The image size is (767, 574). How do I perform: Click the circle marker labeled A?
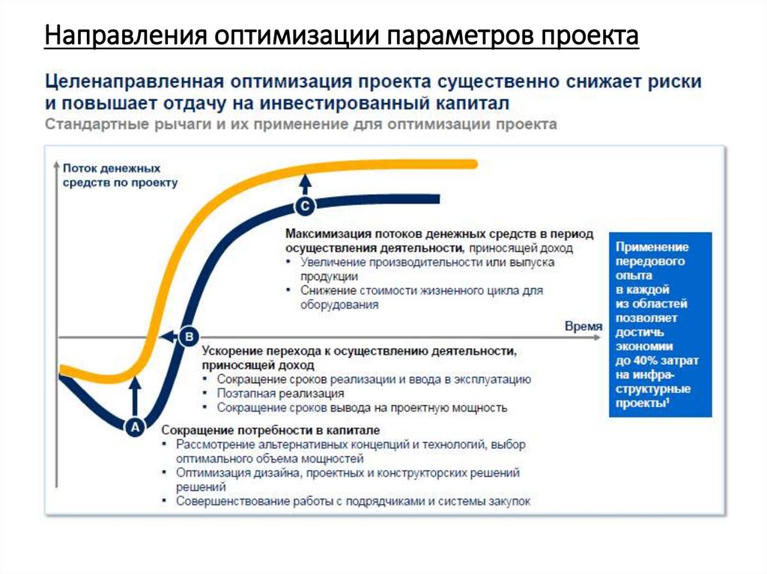135,427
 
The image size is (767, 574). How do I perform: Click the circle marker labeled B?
188,337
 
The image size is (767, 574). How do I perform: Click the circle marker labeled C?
305,205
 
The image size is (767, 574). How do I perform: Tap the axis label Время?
582,326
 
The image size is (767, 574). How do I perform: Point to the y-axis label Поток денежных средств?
120,176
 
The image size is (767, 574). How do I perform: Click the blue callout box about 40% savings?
660,324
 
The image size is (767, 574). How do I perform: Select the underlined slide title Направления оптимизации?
341,36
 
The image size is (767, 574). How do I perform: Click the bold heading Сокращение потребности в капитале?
270,430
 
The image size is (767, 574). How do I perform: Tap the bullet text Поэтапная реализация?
280,393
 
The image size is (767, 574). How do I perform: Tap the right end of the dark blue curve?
437,199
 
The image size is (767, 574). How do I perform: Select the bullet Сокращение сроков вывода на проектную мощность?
362,408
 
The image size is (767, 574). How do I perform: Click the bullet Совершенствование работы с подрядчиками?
353,501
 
